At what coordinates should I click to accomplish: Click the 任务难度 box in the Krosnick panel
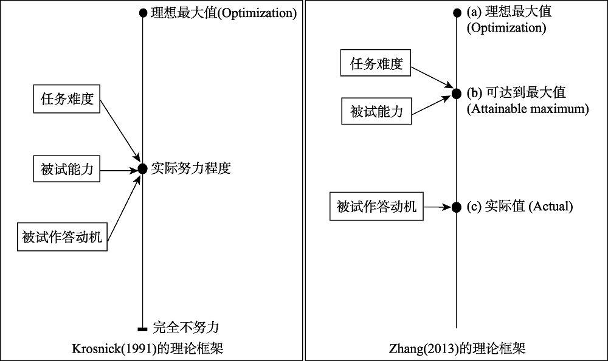[67, 99]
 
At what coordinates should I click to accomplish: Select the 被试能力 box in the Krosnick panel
[67, 170]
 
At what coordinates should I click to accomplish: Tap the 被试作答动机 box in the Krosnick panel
[63, 237]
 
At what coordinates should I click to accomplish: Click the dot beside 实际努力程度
[142, 169]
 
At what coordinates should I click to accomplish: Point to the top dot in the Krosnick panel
[143, 12]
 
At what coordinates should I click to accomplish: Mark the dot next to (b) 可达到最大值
[457, 94]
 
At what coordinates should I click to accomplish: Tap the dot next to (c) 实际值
[457, 207]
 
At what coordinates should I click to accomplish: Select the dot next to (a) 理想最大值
[457, 12]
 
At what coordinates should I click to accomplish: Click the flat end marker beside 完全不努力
[143, 329]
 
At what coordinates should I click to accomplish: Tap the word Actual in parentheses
[551, 207]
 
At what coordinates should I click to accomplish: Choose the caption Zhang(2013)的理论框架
[457, 349]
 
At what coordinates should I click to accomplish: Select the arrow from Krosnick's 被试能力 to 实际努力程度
[119, 170]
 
